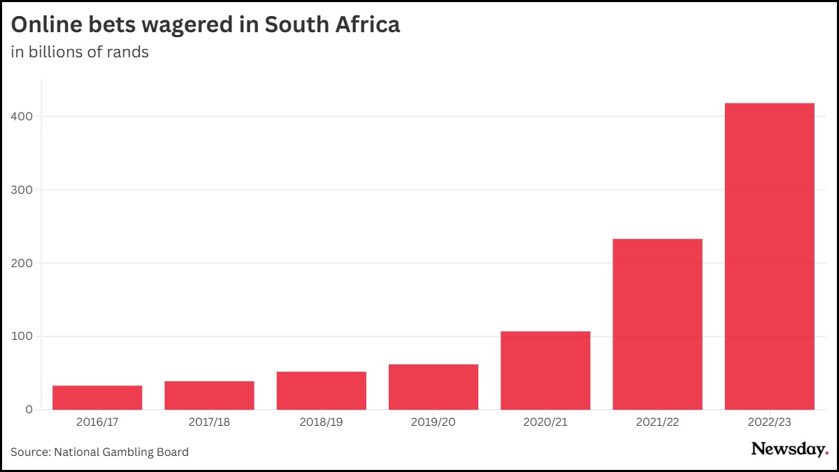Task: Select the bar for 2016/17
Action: pyautogui.click(x=97, y=398)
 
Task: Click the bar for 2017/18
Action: pyautogui.click(x=209, y=396)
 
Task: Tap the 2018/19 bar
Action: pyautogui.click(x=322, y=391)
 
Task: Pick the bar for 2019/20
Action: pyautogui.click(x=433, y=387)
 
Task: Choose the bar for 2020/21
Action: pyautogui.click(x=545, y=371)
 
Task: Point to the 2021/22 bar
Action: pyautogui.click(x=657, y=324)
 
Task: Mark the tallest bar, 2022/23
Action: pyautogui.click(x=769, y=257)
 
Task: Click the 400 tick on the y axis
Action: pyautogui.click(x=23, y=116)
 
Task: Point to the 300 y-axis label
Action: pyautogui.click(x=23, y=189)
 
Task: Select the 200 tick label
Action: pyautogui.click(x=23, y=263)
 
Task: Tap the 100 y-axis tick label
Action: pyautogui.click(x=23, y=336)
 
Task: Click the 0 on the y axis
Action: pyautogui.click(x=29, y=410)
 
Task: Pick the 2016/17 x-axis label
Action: pyautogui.click(x=97, y=422)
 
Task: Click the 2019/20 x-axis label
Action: pyautogui.click(x=433, y=422)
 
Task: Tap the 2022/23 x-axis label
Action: pyautogui.click(x=769, y=422)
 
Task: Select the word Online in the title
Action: pyautogui.click(x=48, y=25)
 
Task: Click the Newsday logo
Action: pyautogui.click(x=789, y=450)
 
